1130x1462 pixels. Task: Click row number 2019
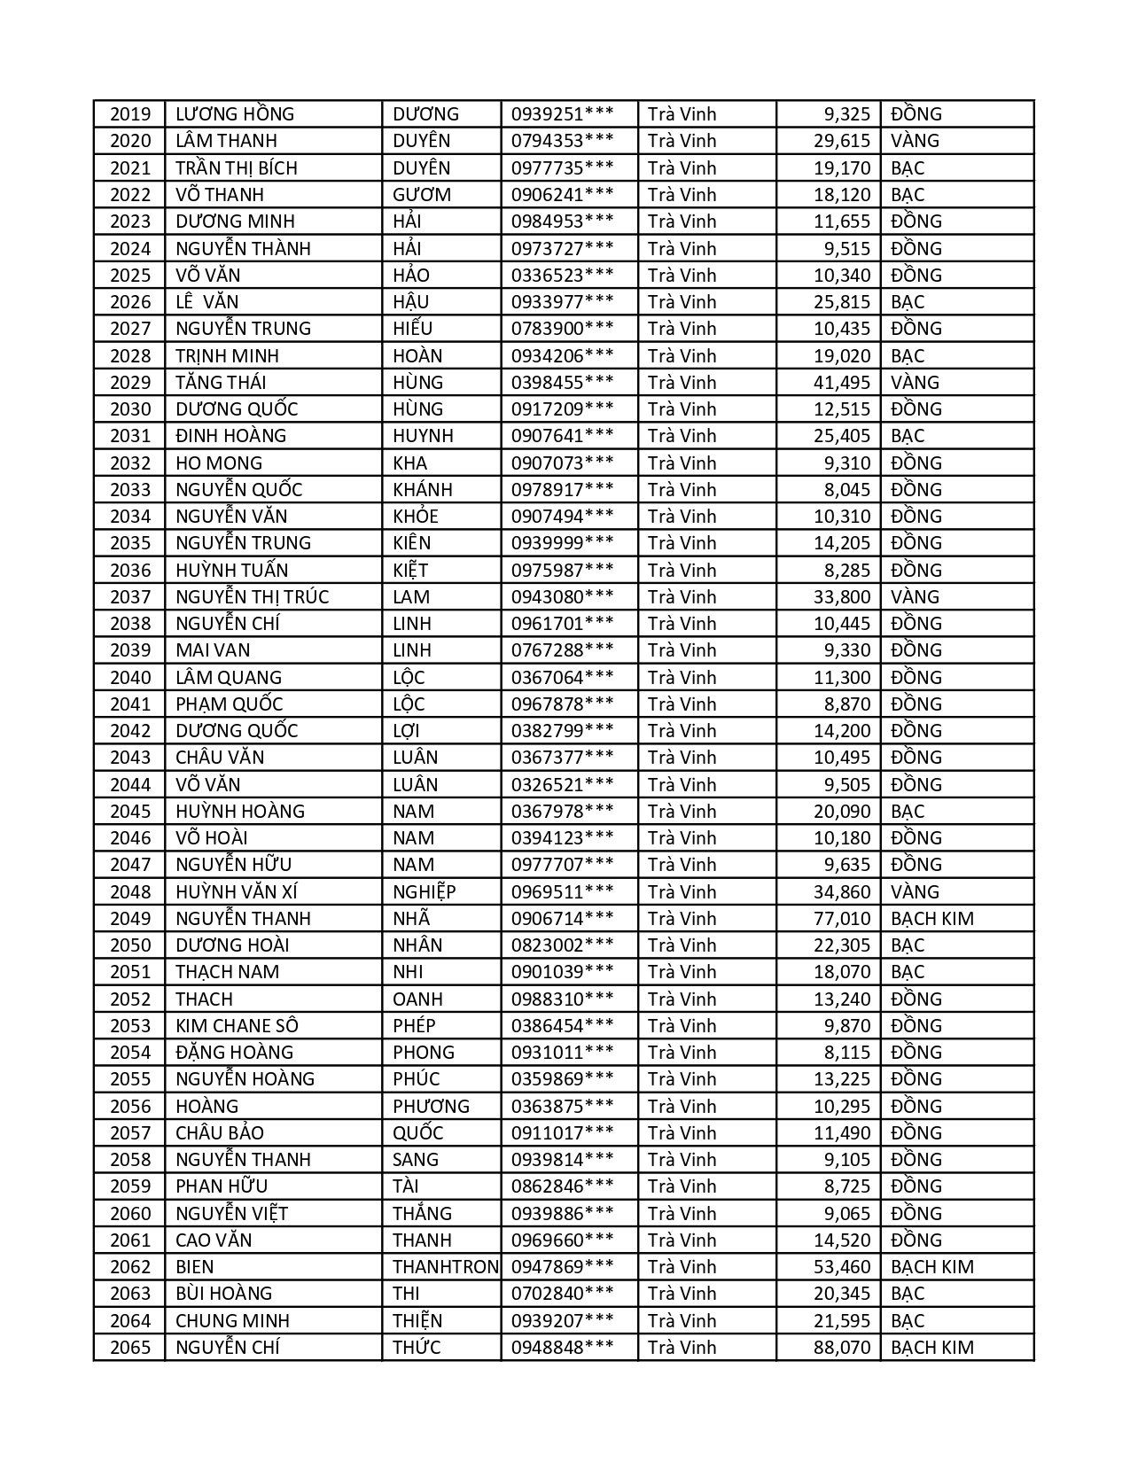[x=130, y=114]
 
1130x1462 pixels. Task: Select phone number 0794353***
[x=562, y=141]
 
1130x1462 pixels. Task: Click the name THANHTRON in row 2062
[x=445, y=1267]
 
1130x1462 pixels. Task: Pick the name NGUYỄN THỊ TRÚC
[x=252, y=597]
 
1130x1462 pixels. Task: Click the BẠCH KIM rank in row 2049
[x=931, y=919]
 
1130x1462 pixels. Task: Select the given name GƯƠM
[x=422, y=195]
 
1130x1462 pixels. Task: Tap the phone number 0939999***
[x=562, y=543]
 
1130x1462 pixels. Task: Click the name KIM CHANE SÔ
[x=237, y=1026]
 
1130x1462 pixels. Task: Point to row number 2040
[x=130, y=678]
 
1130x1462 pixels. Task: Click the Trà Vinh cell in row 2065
[x=682, y=1348]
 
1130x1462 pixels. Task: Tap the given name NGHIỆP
[x=425, y=892]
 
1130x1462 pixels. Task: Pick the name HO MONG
[x=219, y=463]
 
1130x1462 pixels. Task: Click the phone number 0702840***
[x=562, y=1294]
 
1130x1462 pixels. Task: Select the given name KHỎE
[x=416, y=517]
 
